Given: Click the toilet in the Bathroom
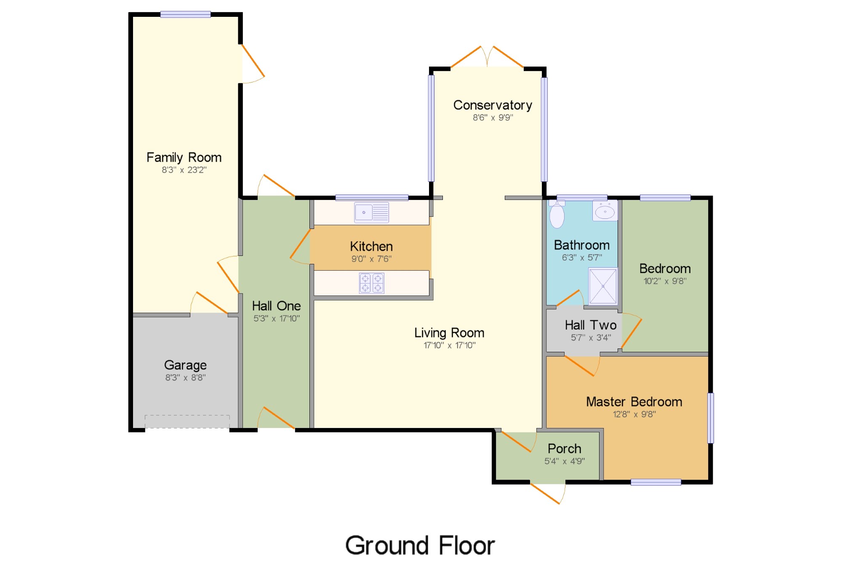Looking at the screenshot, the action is click(x=557, y=214).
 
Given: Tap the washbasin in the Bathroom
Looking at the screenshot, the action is click(x=605, y=210).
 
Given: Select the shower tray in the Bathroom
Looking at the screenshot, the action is click(x=603, y=286).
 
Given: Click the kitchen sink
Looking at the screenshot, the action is click(x=371, y=213).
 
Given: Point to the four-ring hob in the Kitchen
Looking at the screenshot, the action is click(x=372, y=283).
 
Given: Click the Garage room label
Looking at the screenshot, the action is click(x=185, y=365).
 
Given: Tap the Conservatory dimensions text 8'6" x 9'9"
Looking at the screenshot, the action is click(x=493, y=117).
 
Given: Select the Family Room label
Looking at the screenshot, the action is click(x=184, y=157).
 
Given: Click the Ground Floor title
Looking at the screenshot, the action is click(x=420, y=545).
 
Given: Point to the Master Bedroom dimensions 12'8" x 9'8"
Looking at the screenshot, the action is click(x=634, y=414).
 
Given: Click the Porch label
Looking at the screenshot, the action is click(x=565, y=449).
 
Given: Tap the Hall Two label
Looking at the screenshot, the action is click(x=591, y=325).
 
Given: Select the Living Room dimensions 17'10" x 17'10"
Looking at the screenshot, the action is click(x=450, y=345).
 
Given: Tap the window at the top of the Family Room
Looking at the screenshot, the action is click(x=186, y=14).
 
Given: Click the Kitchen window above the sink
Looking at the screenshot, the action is click(x=372, y=197).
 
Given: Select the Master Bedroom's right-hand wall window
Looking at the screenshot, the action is click(x=711, y=418).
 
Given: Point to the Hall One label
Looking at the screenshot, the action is click(x=277, y=306).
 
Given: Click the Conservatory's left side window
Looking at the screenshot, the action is click(x=431, y=128).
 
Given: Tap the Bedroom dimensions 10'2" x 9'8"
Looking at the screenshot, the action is click(x=665, y=281).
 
